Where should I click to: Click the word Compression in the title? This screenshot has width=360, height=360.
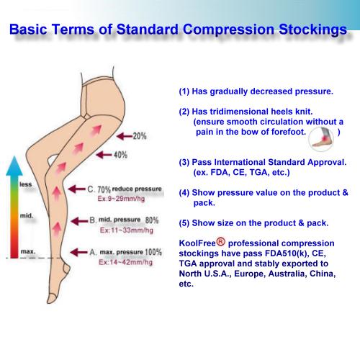pyautogui.click(x=228, y=30)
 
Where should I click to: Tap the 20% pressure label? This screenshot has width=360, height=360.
pyautogui.click(x=140, y=136)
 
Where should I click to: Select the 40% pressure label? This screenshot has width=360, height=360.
pyautogui.click(x=120, y=155)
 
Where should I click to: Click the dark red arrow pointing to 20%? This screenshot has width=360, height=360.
pyautogui.click(x=125, y=136)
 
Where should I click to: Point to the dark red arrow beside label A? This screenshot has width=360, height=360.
pyautogui.click(x=78, y=252)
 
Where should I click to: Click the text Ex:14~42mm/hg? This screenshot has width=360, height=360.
pyautogui.click(x=126, y=262)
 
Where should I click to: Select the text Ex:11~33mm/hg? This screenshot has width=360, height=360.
pyautogui.click(x=127, y=230)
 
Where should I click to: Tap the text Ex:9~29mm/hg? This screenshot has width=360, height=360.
pyautogui.click(x=121, y=199)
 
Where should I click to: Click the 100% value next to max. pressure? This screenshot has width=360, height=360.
pyautogui.click(x=153, y=252)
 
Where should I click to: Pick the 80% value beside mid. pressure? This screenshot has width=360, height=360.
pyautogui.click(x=152, y=220)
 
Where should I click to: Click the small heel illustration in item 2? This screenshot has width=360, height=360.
pyautogui.click(x=321, y=138)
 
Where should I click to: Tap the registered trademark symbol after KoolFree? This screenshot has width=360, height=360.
pyautogui.click(x=221, y=241)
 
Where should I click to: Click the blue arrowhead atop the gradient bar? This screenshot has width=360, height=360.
pyautogui.click(x=14, y=166)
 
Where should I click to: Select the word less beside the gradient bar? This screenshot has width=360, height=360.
pyautogui.click(x=26, y=184)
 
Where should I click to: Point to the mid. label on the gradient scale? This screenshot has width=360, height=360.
pyautogui.click(x=27, y=215)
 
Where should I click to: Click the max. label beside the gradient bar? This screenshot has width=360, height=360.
pyautogui.click(x=28, y=251)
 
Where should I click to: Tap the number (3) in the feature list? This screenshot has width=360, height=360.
pyautogui.click(x=184, y=163)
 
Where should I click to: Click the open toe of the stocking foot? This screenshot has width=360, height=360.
pyautogui.click(x=51, y=298)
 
